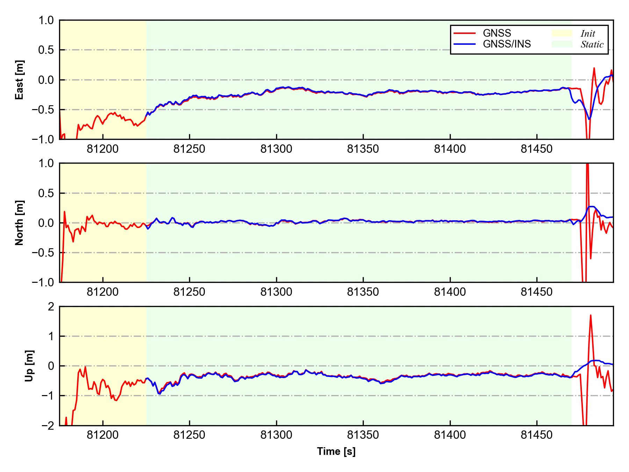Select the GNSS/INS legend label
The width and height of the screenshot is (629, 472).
(507, 44)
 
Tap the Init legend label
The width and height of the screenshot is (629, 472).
(588, 34)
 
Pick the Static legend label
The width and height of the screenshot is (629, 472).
(592, 44)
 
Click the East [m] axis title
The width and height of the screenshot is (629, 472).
(20, 80)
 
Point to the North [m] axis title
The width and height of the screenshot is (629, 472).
(20, 223)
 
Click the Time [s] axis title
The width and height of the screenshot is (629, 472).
(336, 451)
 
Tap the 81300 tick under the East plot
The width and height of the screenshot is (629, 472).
(276, 149)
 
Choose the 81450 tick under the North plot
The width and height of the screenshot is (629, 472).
(537, 292)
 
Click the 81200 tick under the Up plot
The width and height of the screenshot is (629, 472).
(103, 435)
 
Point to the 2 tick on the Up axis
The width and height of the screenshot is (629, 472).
(51, 307)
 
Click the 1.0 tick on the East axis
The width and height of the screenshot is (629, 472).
(46, 21)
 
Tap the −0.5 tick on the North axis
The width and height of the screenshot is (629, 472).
(43, 252)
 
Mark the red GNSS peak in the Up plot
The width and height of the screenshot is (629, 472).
(591, 315)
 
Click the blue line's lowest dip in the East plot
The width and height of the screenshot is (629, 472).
(589, 119)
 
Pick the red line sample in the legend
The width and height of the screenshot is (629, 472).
(464, 33)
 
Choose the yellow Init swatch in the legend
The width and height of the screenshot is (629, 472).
(562, 33)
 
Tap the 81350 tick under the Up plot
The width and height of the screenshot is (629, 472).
(363, 435)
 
